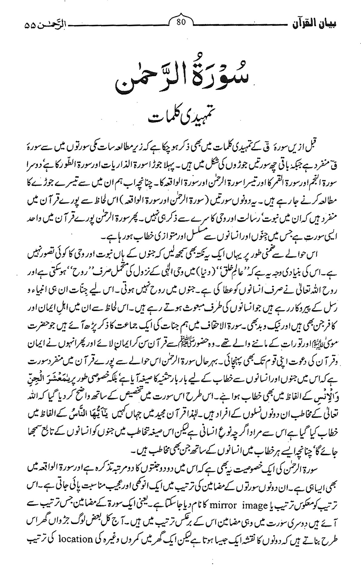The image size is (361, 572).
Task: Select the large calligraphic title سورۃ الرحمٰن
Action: click(x=180, y=76)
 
